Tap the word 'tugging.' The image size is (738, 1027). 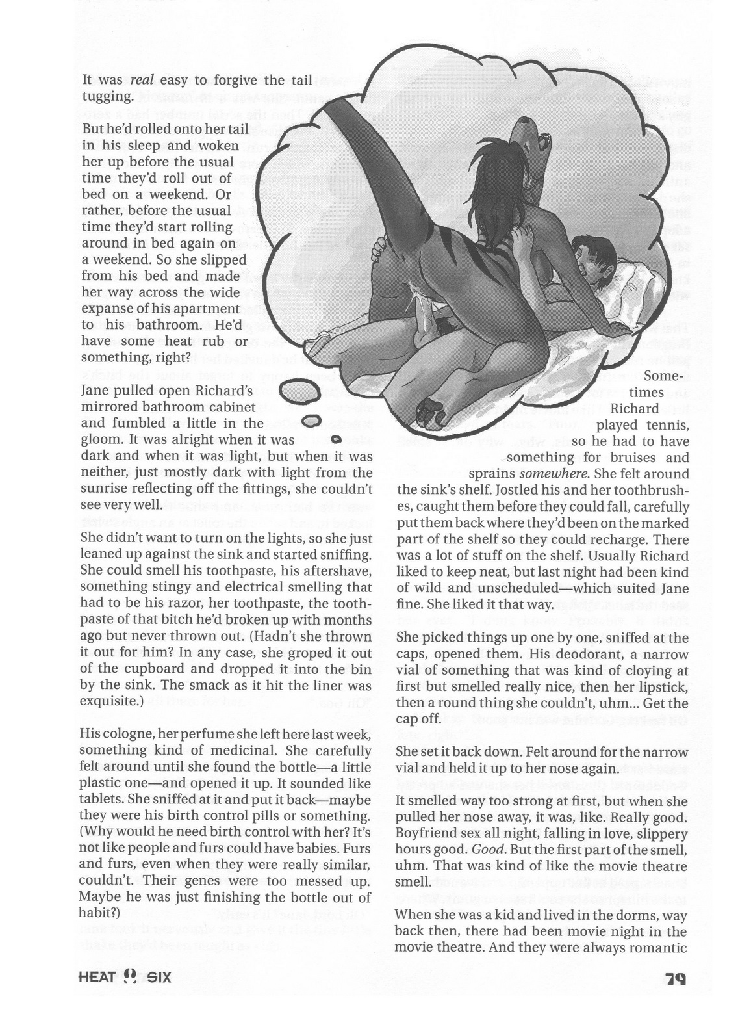click(108, 97)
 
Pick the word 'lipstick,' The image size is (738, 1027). click(661, 686)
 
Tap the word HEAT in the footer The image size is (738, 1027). click(96, 976)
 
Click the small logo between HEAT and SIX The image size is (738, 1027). click(129, 976)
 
